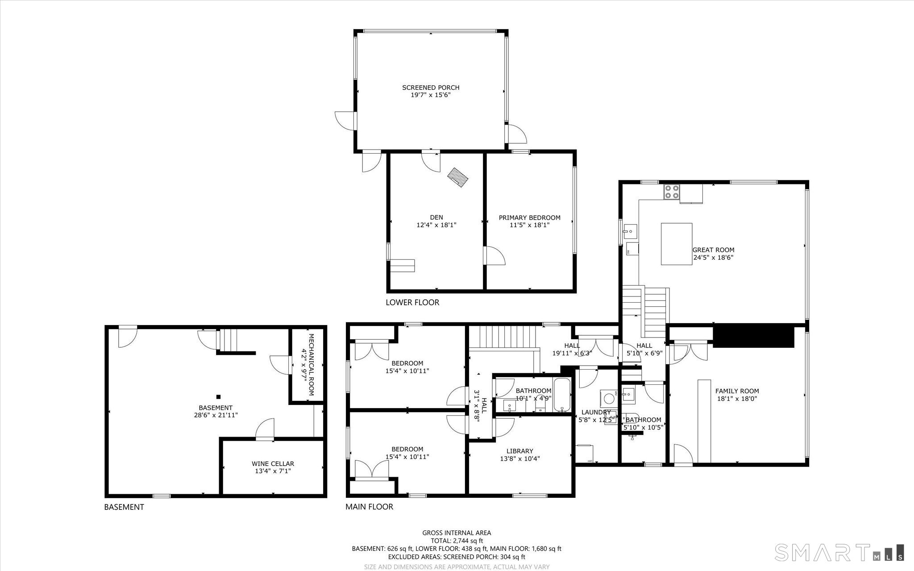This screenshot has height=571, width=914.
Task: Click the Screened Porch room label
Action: point(430,88)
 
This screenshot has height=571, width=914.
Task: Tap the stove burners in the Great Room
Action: point(672,192)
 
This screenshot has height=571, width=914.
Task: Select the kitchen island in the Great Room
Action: point(676,244)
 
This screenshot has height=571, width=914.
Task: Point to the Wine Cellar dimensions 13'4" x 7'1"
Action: point(273,471)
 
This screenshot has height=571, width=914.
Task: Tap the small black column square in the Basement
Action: point(218,396)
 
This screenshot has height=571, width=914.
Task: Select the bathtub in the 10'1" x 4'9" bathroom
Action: point(562,395)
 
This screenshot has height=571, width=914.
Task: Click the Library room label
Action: point(519,451)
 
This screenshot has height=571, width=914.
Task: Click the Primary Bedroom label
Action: point(529,218)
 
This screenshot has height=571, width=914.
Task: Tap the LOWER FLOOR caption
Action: point(412,302)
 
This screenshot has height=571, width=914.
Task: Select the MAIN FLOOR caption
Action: point(369,507)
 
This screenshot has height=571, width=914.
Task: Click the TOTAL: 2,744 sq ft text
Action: point(457,541)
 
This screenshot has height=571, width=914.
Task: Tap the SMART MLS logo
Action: point(839,552)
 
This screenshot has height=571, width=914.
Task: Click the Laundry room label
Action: point(596,412)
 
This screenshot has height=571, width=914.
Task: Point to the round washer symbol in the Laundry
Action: point(607,397)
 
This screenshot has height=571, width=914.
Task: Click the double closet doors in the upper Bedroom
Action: point(371,350)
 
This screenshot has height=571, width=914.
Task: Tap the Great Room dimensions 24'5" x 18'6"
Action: point(713,258)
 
